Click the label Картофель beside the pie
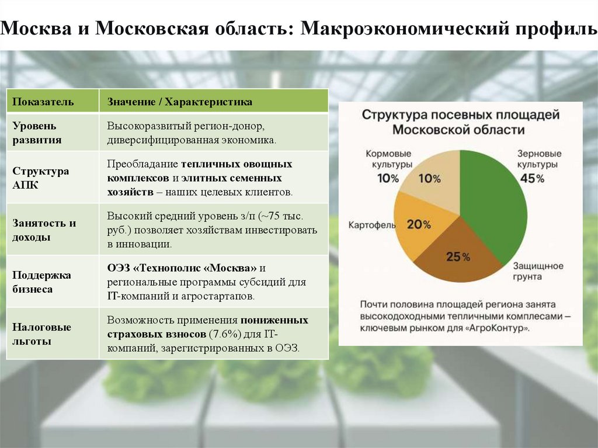pyautogui.click(x=371, y=224)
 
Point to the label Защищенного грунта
pyautogui.click(x=538, y=272)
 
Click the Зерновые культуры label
pyautogui.click(x=539, y=159)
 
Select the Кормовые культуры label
pyautogui.click(x=388, y=159)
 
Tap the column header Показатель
pyautogui.click(x=43, y=102)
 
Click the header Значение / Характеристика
pyautogui.click(x=180, y=102)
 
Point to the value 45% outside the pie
pyautogui.click(x=531, y=179)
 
